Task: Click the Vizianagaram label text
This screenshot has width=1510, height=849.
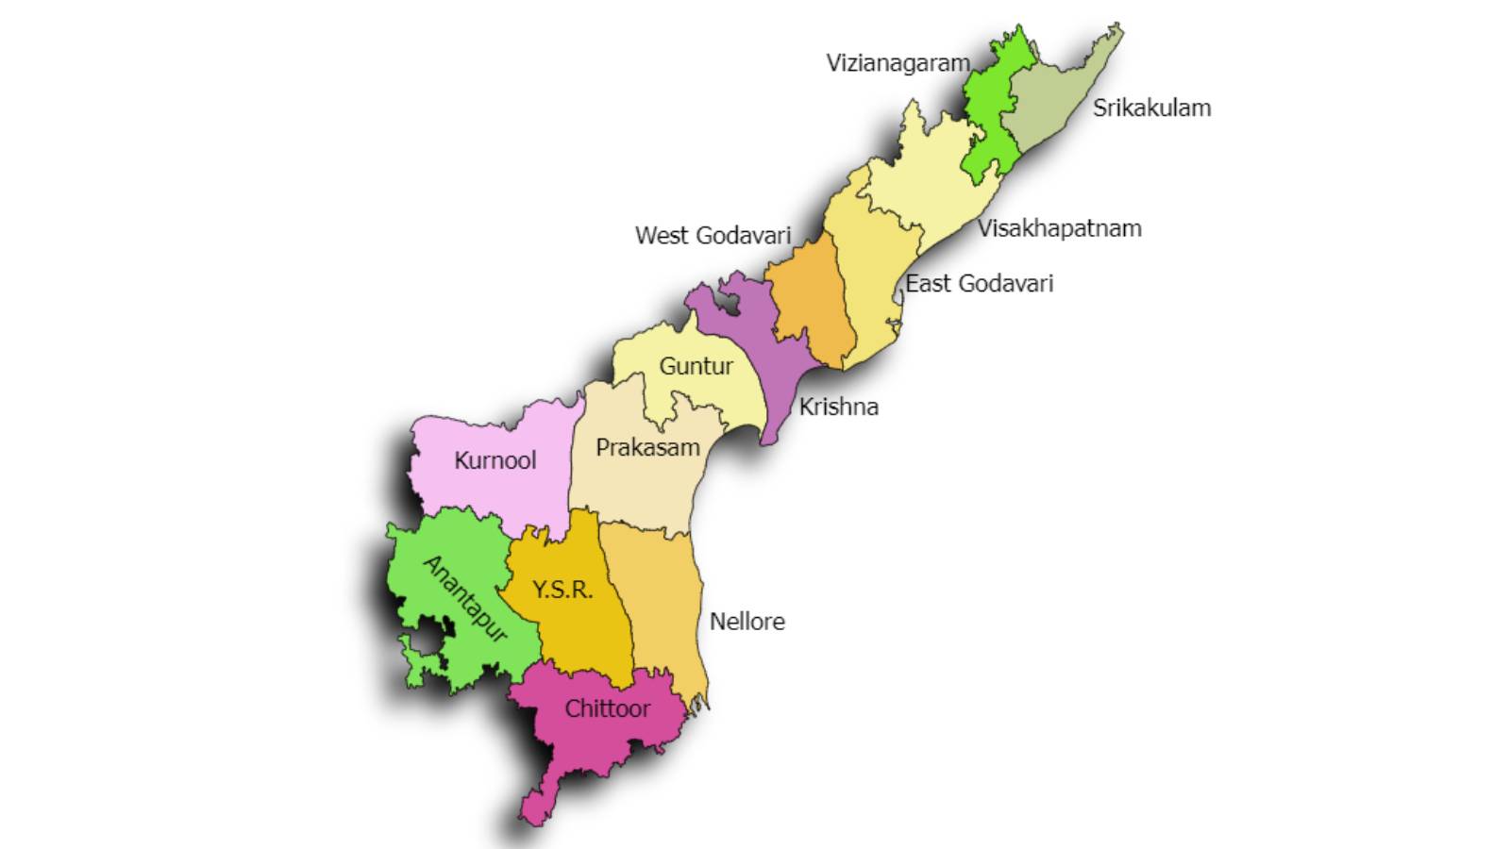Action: coord(898,63)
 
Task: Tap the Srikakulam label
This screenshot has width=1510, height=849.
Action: coord(1151,108)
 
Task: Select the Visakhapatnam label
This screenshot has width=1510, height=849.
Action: coord(1059,228)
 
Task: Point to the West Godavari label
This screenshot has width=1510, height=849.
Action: coord(713,235)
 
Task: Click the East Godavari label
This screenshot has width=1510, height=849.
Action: coord(979,283)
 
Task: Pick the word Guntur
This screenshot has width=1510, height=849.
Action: coord(696,366)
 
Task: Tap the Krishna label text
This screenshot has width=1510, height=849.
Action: coord(838,407)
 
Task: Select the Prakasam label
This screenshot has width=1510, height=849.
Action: coord(647,447)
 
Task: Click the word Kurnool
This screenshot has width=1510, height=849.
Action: coord(495,460)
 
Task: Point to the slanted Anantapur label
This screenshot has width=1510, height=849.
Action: coord(465,598)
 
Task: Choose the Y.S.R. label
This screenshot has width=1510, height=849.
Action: coord(562,590)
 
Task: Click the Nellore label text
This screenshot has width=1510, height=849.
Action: coord(747,622)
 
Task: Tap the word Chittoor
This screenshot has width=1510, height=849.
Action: coord(607,708)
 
